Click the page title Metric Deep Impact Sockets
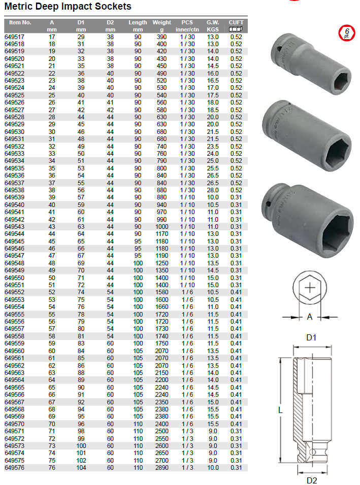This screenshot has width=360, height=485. pyautogui.click(x=68, y=7)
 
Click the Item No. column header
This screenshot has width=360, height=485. pyautogui.click(x=20, y=23)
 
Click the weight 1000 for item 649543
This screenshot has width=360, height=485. pyautogui.click(x=162, y=226)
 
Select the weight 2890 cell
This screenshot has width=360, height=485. pyautogui.click(x=162, y=467)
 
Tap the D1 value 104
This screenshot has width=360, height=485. pyautogui.click(x=81, y=467)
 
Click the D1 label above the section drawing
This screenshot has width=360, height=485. pyautogui.click(x=311, y=337)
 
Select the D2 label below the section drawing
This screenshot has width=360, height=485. pyautogui.click(x=311, y=479)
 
